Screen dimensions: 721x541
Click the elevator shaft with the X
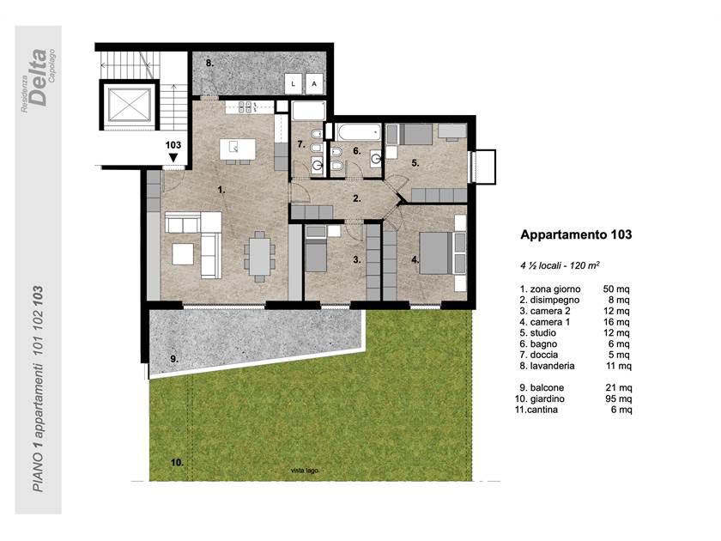pos(129,105)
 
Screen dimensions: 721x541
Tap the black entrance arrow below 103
pos(173,158)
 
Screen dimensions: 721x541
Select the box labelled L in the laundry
pos(293,84)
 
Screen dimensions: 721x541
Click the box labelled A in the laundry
pos(314,84)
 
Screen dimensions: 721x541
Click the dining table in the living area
pos(260,257)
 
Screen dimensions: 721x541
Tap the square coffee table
pos(183,254)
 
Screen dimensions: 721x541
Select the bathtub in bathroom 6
pos(358,132)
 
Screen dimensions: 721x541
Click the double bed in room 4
pos(436,253)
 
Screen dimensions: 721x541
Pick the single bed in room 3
pos(316,254)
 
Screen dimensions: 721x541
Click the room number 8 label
pos(209,63)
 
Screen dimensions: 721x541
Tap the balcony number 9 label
pos(174,359)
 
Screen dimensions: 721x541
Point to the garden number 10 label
pos(177,463)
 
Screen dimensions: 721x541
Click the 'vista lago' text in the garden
pos(305,471)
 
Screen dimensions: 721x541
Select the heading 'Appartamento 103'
pos(576,234)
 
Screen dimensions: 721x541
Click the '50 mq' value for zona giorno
pos(616,289)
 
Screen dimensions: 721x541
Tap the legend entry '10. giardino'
pos(540,398)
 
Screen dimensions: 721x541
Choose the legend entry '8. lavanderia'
pos(548,366)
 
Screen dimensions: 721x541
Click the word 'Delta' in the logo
pos(38,77)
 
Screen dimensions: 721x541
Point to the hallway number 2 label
pos(357,198)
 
